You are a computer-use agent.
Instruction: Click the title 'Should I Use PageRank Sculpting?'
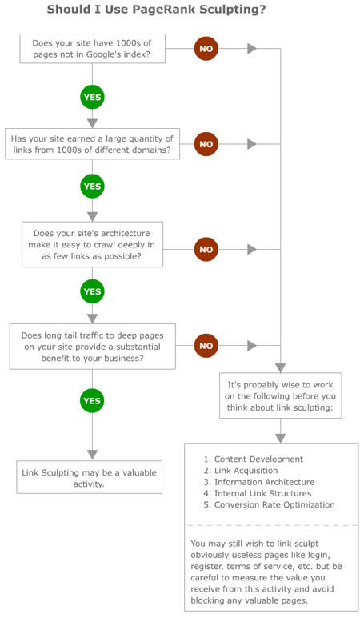[156, 10]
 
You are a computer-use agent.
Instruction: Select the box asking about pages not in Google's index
[91, 49]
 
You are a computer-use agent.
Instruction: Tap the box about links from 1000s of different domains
[91, 144]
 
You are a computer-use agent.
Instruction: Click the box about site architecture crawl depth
[92, 244]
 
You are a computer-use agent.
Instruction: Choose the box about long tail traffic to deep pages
[92, 347]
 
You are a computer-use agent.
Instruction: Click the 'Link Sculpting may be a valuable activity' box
[90, 478]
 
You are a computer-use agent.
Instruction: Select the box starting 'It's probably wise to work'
[280, 395]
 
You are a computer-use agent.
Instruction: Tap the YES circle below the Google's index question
[92, 98]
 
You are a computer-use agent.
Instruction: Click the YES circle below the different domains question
[92, 187]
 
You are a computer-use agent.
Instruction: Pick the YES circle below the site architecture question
[92, 291]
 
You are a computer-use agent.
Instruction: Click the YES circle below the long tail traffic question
[92, 400]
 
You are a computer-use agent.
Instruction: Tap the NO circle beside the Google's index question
[206, 49]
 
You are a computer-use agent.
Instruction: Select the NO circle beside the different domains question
[206, 144]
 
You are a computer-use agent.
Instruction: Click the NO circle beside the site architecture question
[206, 249]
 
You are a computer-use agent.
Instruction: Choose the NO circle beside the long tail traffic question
[206, 346]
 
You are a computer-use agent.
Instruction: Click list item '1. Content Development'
[253, 459]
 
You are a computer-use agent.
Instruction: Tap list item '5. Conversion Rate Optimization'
[269, 504]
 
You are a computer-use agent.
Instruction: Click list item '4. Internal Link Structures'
[257, 493]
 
